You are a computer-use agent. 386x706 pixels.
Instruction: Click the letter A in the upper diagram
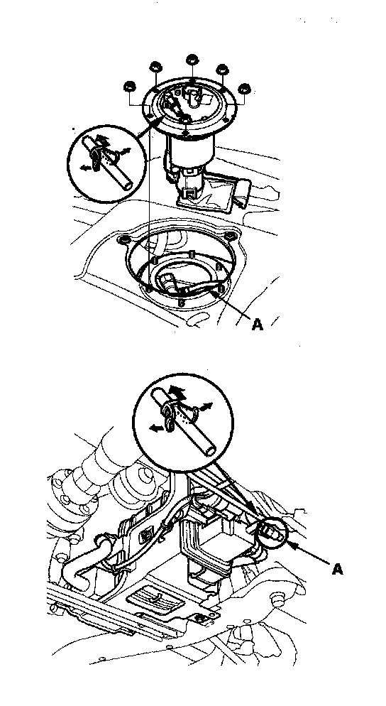tap(257, 324)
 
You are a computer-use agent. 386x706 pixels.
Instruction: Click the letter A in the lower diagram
tap(338, 569)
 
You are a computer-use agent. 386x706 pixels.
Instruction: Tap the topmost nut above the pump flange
tap(192, 60)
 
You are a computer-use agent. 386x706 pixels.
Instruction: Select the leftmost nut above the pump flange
tap(130, 86)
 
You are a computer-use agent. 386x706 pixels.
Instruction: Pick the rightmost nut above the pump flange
tap(244, 88)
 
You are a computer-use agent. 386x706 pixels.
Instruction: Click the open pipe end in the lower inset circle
tap(210, 451)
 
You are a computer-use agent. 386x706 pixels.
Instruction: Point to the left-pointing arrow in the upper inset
tap(84, 168)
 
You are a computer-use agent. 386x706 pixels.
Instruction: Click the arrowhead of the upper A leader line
tap(215, 293)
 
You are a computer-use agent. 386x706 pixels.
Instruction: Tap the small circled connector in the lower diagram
tap(269, 533)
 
